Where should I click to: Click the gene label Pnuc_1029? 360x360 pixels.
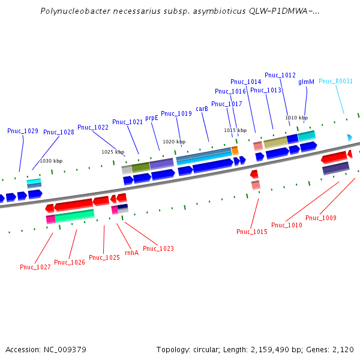click(23, 131)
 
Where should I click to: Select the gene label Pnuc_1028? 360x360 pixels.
click(59, 133)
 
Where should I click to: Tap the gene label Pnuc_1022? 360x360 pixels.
click(93, 127)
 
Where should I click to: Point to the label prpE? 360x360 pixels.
click(152, 118)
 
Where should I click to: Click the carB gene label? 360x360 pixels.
click(202, 109)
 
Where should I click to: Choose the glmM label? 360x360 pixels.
click(306, 82)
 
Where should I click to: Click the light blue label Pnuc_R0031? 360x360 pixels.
click(335, 82)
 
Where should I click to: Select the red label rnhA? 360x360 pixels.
click(131, 253)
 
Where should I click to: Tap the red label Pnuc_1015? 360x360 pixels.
click(252, 232)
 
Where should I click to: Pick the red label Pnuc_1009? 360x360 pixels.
click(320, 218)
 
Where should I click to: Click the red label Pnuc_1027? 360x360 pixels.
click(35, 267)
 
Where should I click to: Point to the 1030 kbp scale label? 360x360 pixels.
click(51, 161)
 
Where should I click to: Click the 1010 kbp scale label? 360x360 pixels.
click(296, 118)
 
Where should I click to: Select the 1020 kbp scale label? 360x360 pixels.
click(174, 142)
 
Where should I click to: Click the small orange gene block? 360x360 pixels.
click(235, 150)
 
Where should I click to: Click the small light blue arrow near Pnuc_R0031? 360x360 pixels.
click(350, 138)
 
